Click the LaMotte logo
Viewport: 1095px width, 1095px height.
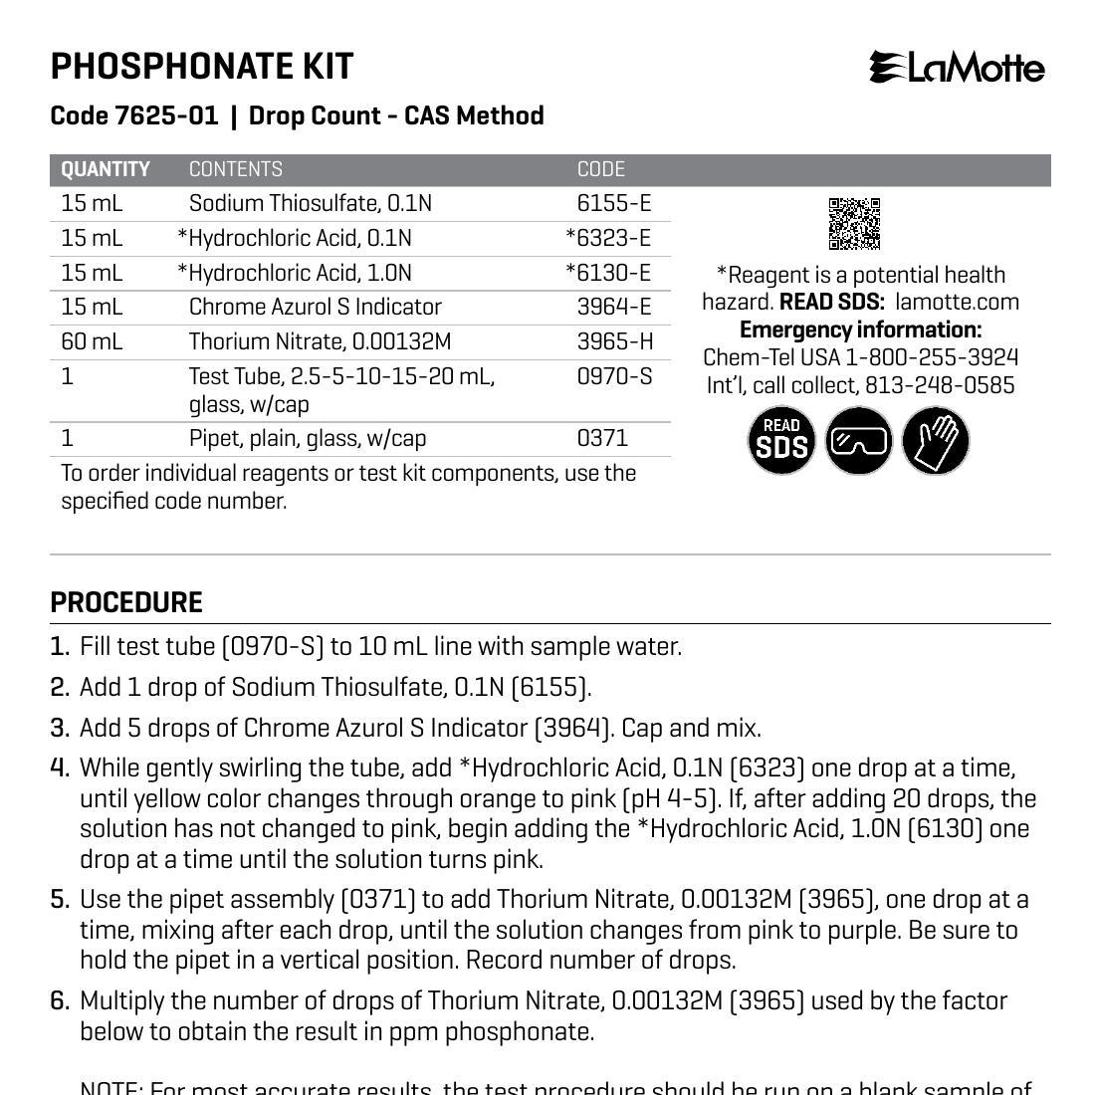coord(957,68)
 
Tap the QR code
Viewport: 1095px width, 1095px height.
coord(854,223)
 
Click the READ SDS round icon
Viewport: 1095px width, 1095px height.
coord(781,440)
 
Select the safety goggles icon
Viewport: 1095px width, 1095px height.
coord(859,440)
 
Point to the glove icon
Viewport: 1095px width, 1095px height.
coord(936,440)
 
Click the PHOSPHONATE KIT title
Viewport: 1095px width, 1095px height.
coord(202,67)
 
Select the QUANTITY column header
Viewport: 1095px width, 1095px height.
coord(106,169)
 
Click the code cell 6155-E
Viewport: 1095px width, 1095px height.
coord(613,204)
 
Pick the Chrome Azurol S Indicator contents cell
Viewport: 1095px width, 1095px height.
coord(315,307)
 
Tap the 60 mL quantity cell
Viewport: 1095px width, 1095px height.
coord(92,341)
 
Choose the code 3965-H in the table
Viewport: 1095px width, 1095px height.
coord(614,341)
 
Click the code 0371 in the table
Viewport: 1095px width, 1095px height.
coord(602,438)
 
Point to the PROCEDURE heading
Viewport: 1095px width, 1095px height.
coord(126,602)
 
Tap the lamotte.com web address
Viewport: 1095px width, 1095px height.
coord(957,303)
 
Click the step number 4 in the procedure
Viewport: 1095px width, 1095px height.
coord(60,767)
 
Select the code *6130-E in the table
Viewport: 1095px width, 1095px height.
coord(608,273)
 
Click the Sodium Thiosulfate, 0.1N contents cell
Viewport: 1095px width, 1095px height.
coord(311,204)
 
